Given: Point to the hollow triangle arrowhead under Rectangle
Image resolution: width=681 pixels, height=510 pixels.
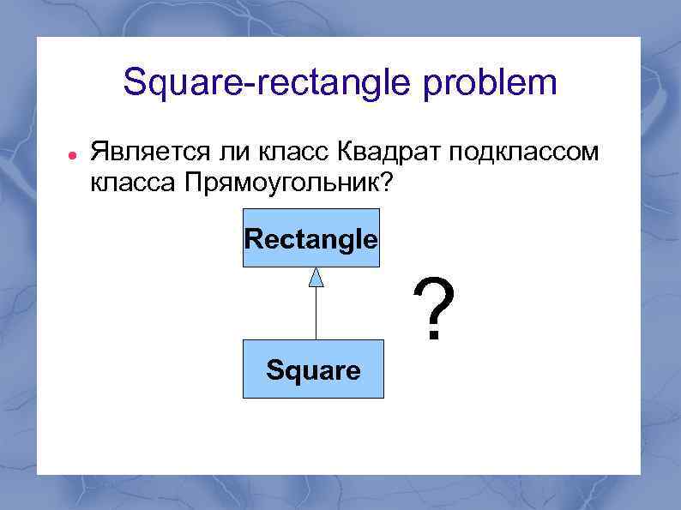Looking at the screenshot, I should [316, 277].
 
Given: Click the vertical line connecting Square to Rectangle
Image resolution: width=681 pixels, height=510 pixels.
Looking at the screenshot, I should [316, 314].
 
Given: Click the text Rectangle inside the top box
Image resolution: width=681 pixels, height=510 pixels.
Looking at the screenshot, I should [311, 239].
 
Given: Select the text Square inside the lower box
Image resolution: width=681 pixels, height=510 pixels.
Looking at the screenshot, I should [313, 371].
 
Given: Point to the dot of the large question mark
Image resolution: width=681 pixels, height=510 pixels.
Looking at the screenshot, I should [433, 336].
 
